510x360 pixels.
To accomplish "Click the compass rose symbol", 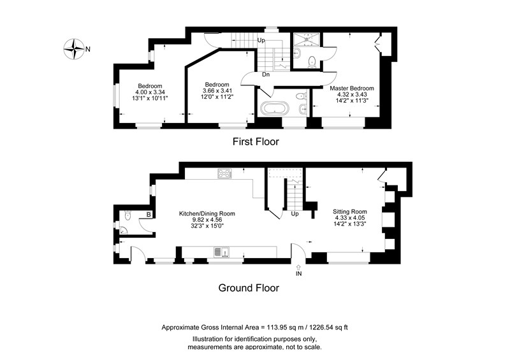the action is pos(74,49).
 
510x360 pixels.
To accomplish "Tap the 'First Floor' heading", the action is pos(256,142).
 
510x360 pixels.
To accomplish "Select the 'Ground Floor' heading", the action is pos(249,288).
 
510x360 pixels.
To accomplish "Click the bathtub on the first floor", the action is pos(274,108).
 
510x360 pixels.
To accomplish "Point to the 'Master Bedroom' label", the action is pos(352,88).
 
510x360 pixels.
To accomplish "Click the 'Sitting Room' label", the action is pos(350,212).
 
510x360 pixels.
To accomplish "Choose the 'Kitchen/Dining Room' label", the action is pos(207,213).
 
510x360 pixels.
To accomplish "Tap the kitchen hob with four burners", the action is pos(225,174).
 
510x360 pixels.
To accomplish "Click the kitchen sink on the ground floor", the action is pos(221,252).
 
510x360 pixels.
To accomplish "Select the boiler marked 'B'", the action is pos(149,215).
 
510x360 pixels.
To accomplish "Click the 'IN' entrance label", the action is pos(298,274).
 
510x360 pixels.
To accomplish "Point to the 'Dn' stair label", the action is pos(266,75).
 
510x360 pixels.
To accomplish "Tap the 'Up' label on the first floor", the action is pos(261,40).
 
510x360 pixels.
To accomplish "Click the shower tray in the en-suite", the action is pos(307,39).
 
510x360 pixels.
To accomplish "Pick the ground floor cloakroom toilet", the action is pos(127,215).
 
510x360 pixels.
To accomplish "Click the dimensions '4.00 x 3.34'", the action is pos(150,92).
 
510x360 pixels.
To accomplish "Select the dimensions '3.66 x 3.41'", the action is pos(217,90).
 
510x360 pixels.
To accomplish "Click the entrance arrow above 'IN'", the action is pos(298,268).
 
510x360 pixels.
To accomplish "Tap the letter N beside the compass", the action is pos(88,50).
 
